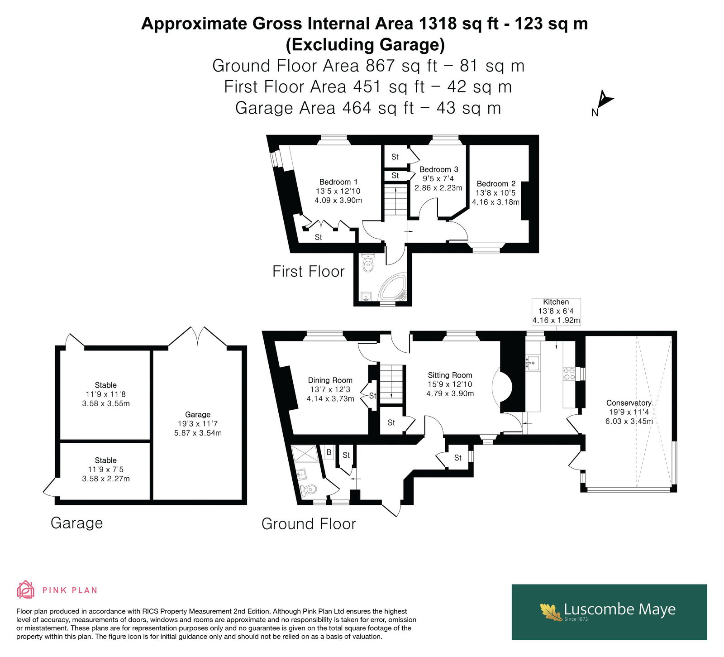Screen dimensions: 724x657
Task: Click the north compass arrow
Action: [x=605, y=99]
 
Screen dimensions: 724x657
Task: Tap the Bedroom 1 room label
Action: [x=338, y=191]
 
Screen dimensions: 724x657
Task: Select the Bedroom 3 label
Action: [x=438, y=178]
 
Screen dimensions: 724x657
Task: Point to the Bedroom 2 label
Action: [x=496, y=193]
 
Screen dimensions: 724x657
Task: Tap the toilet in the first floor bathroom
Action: [x=369, y=263]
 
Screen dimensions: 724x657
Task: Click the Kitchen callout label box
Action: [x=556, y=311]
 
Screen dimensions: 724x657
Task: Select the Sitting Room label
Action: [x=450, y=384]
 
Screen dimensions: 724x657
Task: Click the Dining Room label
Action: [x=330, y=389]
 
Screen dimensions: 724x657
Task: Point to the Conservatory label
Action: [x=629, y=412]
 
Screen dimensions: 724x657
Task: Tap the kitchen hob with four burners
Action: [x=569, y=373]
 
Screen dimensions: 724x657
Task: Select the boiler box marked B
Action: [x=329, y=452]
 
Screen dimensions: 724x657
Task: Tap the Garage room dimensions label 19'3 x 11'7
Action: [x=198, y=424]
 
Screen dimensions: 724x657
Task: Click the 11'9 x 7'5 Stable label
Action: [x=106, y=470]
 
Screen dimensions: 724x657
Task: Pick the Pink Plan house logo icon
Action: [x=26, y=590]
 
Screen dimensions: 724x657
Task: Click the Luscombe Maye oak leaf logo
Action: [x=551, y=611]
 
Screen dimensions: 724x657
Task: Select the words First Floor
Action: [x=309, y=271]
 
